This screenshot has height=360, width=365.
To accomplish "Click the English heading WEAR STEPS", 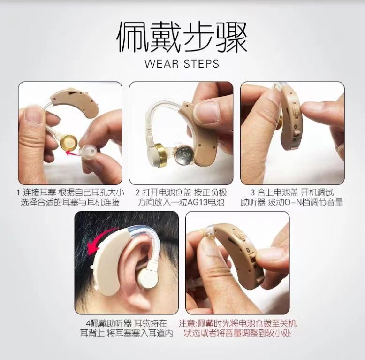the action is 182,63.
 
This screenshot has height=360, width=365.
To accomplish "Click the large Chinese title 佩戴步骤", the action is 182,37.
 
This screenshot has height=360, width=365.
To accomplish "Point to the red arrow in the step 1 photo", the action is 72,153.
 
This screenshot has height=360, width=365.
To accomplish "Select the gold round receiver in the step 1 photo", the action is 69,142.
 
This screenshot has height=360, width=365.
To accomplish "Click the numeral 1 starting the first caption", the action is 18,193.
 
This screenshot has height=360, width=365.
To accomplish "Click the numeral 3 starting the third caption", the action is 252,193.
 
